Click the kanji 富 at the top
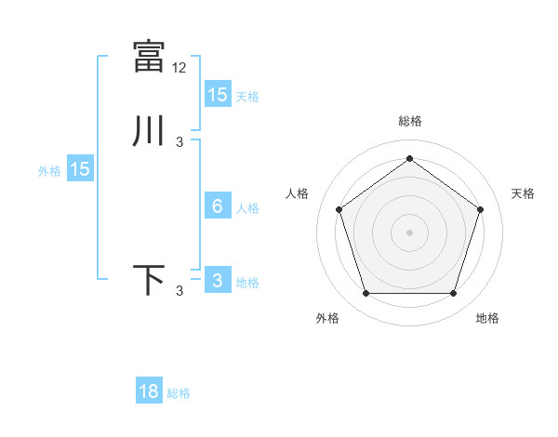point(149,57)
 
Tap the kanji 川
point(149,131)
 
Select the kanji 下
point(149,280)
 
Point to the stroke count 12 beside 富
point(180,68)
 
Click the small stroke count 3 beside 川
point(179,142)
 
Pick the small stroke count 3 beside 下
point(179,291)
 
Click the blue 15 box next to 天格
point(217,95)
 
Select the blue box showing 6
point(217,206)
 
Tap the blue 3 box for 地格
point(217,281)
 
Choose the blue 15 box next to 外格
point(80,169)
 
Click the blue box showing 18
point(149,391)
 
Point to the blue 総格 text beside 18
point(179,393)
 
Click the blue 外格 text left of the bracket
point(49,171)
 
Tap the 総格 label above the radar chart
point(409,121)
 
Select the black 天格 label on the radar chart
point(524,193)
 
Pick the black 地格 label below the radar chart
point(487,319)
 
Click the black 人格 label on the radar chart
point(298,193)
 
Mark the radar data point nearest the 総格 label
point(409,158)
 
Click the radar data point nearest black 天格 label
point(480,209)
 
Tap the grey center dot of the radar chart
point(409,232)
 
